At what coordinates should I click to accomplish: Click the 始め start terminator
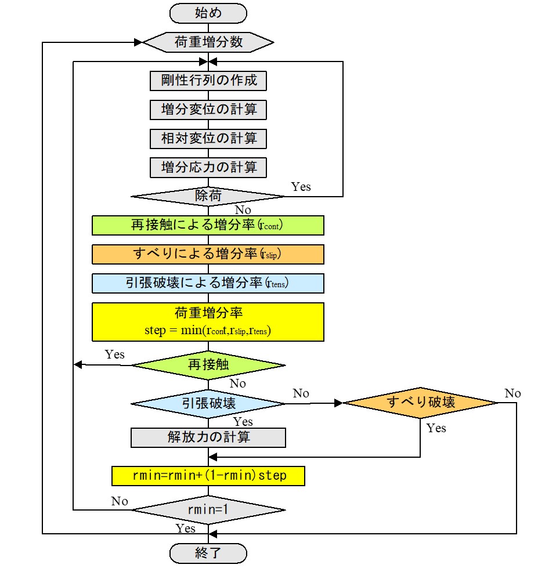coord(208,12)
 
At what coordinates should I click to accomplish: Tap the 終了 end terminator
coord(208,552)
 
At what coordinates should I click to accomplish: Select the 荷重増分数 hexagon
coord(208,42)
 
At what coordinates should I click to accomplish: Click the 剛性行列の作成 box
coord(208,80)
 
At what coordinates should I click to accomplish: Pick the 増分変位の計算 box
coord(208,109)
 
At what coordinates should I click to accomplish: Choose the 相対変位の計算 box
coord(208,139)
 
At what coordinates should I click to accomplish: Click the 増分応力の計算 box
coord(208,168)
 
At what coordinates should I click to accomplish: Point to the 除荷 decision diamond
coord(208,196)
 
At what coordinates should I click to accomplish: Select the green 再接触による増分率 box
coord(208,225)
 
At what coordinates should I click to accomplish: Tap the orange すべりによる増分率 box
coord(208,254)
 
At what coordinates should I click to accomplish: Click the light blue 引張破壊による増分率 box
coord(208,283)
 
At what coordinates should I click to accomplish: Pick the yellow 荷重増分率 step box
coord(208,321)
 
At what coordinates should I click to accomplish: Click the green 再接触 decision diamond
coord(208,365)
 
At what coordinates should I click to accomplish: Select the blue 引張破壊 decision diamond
coord(208,403)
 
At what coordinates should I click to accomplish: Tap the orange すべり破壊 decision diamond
coord(420,403)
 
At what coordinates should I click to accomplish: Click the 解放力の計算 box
coord(208,437)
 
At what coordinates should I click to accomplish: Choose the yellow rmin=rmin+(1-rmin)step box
coord(208,476)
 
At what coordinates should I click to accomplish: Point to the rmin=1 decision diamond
coord(208,510)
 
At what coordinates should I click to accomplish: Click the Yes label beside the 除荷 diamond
coord(301,187)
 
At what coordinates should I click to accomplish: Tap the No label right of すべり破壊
coord(512,393)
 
